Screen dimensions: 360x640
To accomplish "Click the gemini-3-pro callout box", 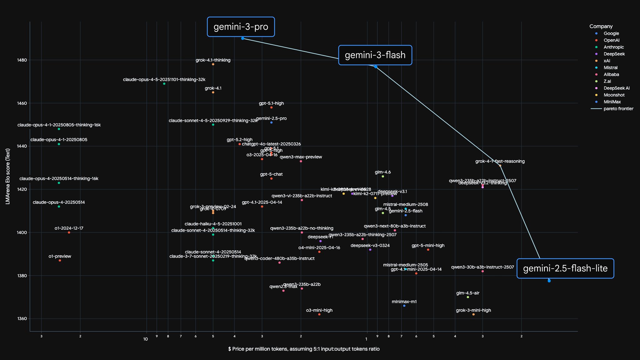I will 241,27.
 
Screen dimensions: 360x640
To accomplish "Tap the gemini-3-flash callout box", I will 375,55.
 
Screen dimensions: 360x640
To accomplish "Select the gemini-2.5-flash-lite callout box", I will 565,268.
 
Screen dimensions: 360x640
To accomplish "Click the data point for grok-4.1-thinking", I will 213,64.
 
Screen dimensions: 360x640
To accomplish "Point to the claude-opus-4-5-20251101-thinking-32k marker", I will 164,84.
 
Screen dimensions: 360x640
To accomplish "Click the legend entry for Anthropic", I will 613,47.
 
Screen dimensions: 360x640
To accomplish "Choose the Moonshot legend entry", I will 614,95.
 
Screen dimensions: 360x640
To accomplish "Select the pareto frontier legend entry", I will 618,109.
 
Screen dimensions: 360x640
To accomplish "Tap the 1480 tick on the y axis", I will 22,60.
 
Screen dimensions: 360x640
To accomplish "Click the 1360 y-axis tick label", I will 22,319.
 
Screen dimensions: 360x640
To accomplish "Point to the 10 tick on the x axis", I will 145,339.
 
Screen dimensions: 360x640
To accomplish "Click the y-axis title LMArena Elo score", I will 8,176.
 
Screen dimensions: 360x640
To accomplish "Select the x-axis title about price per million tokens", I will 304,349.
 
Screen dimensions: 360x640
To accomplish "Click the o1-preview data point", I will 60,261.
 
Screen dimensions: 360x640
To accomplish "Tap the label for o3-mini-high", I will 319,310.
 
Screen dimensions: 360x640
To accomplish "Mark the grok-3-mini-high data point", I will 473,314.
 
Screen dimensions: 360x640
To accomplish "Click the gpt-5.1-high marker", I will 271,107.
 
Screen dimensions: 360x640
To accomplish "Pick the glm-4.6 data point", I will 383,177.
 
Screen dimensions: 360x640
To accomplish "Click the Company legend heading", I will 601,27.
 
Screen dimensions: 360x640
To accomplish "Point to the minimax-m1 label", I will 404,302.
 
